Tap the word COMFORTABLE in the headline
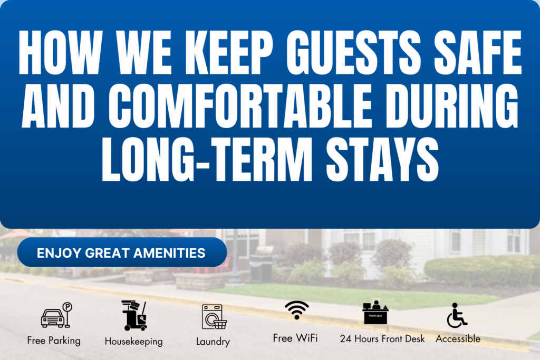[x=240, y=106]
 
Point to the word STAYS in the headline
[x=382, y=159]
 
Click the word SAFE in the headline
[x=478, y=53]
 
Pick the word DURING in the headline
[x=452, y=106]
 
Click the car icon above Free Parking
[x=53, y=318]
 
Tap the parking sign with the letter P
[x=67, y=315]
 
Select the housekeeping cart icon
[x=134, y=316]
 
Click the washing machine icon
[x=214, y=317]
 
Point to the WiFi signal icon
[x=296, y=310]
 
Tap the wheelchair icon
[x=457, y=316]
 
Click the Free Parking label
[x=54, y=340]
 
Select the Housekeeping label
[x=133, y=342]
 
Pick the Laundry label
[x=213, y=342]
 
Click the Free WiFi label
[x=295, y=338]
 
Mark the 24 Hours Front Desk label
[x=382, y=339]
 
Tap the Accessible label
[x=458, y=339]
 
